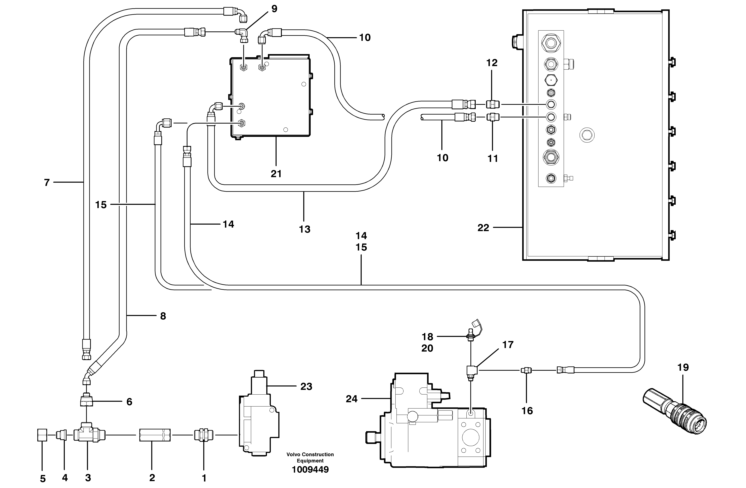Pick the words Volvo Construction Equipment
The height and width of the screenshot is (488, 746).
(310, 457)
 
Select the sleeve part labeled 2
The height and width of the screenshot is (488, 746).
(155, 435)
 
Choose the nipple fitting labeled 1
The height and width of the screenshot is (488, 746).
(204, 435)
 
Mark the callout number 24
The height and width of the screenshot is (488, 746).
(351, 399)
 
